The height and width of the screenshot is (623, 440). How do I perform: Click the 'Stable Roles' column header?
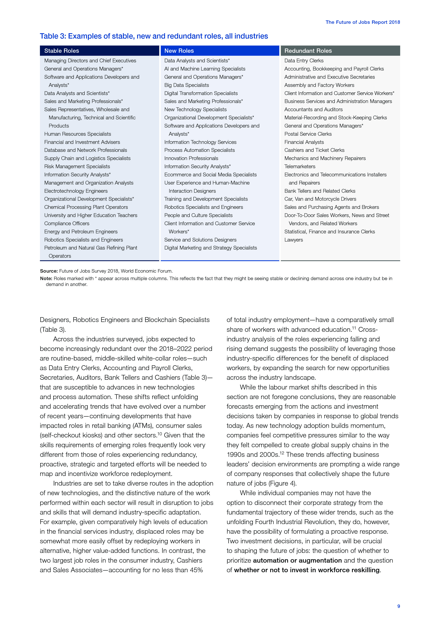point(62,51)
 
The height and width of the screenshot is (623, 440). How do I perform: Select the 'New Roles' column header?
point(179,51)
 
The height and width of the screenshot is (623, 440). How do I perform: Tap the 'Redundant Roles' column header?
point(308,51)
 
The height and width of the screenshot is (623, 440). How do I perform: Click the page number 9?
point(398,606)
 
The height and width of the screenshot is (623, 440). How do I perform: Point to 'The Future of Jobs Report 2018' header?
point(363,22)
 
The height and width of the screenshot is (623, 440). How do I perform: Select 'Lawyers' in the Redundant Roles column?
point(294,240)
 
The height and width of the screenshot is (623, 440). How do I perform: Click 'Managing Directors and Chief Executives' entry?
point(90,61)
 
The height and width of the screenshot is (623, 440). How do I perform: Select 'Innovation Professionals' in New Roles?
point(191,158)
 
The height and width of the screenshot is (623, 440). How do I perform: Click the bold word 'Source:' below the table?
point(49,271)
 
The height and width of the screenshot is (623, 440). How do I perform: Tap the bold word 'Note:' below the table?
point(46,278)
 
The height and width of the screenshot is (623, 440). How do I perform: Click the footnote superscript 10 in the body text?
point(159,434)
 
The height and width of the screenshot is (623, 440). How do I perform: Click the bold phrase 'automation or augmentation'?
point(297,560)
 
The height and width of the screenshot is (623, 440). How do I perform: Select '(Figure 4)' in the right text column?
point(282,483)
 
